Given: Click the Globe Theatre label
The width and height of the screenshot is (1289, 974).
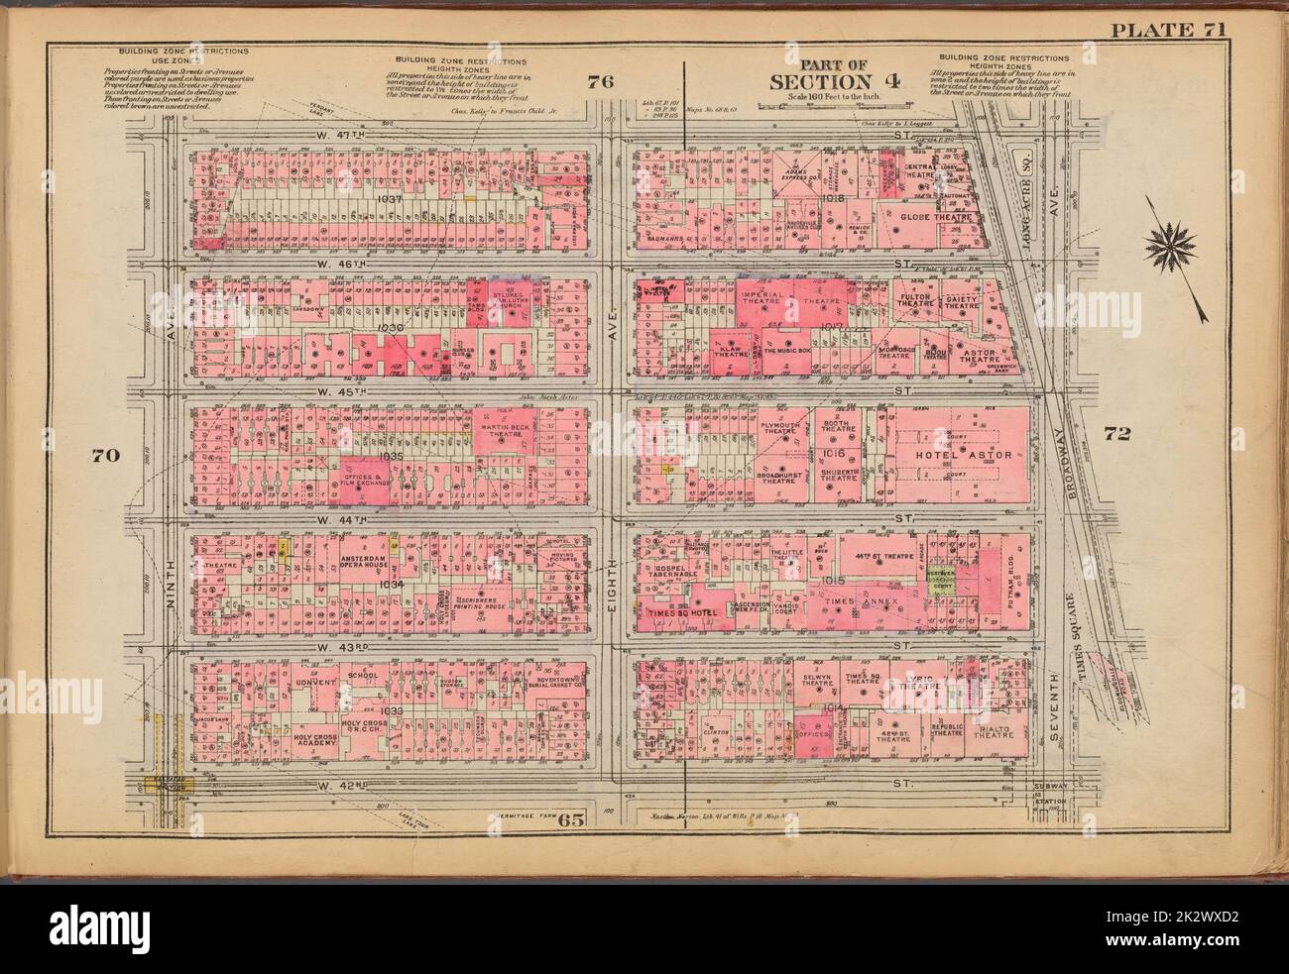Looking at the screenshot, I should (934, 215).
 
